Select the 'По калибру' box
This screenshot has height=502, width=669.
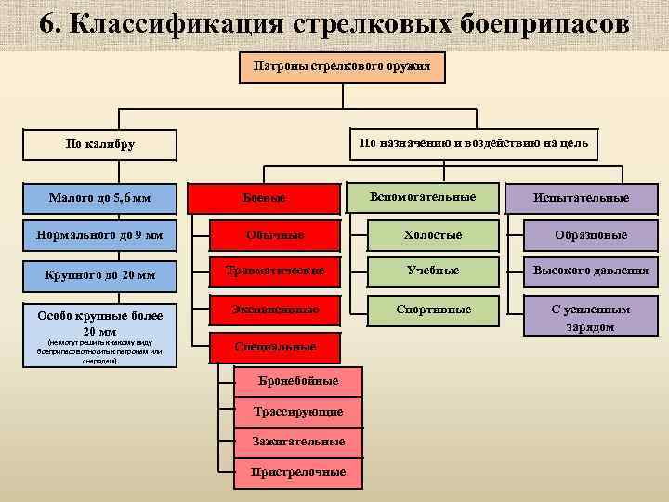point(100,144)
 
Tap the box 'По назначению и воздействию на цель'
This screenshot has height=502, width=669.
point(474,142)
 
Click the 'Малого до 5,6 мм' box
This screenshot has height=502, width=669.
point(100,197)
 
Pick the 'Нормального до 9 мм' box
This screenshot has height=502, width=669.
point(100,235)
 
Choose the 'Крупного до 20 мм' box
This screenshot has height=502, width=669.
point(100,274)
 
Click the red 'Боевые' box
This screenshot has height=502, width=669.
point(264,198)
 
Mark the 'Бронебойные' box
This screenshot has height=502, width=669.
point(298,381)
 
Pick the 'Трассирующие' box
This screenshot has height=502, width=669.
point(298,411)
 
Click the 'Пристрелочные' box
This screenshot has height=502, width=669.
point(298,472)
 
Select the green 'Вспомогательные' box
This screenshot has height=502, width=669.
point(422,197)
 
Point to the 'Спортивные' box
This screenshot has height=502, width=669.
point(432,309)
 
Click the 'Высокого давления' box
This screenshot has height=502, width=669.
point(591,271)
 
